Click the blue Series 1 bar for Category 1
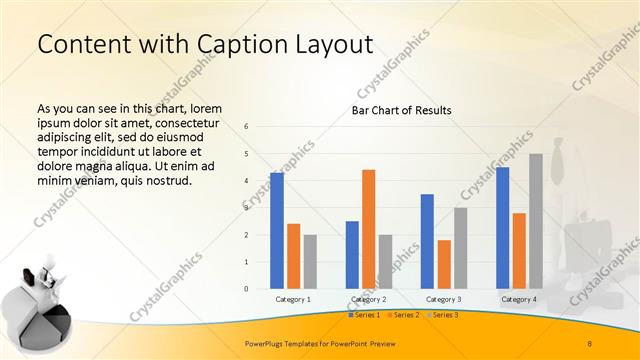click(x=277, y=231)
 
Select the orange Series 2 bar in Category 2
click(x=368, y=229)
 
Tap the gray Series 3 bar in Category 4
click(x=535, y=221)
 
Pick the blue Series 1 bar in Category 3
click(x=427, y=241)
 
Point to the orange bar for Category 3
click(x=444, y=264)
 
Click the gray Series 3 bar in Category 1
click(x=310, y=262)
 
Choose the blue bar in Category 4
click(x=502, y=228)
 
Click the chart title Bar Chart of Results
click(x=401, y=110)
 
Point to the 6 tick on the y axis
click(x=246, y=127)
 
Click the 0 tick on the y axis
click(x=246, y=289)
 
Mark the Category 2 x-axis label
click(x=368, y=299)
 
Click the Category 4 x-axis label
click(x=518, y=299)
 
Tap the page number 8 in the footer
click(x=589, y=344)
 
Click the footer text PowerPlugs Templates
click(x=290, y=344)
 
